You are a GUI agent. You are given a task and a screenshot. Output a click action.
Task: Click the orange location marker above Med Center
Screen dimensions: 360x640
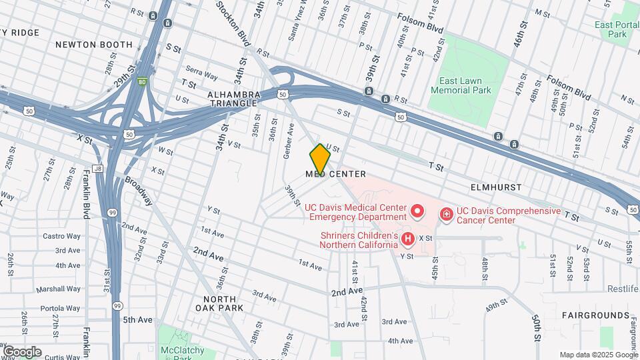point(320,159)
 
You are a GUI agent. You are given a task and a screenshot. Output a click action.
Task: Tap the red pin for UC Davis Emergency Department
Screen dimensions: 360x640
point(417,211)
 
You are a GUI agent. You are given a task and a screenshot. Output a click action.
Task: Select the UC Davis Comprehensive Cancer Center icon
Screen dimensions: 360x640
point(446,214)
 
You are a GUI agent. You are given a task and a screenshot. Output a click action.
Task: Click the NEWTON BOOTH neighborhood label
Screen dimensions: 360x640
point(94,45)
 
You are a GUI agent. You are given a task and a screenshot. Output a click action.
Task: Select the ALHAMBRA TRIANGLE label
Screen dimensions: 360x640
point(233,99)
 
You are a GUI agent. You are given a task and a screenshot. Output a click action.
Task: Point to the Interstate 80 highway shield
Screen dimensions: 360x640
point(141,83)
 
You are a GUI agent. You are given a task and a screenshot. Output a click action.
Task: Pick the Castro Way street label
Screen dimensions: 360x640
point(61,236)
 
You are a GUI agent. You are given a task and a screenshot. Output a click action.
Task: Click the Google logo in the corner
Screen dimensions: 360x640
point(22,351)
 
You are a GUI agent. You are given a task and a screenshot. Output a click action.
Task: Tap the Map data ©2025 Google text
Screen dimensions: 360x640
point(598,355)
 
